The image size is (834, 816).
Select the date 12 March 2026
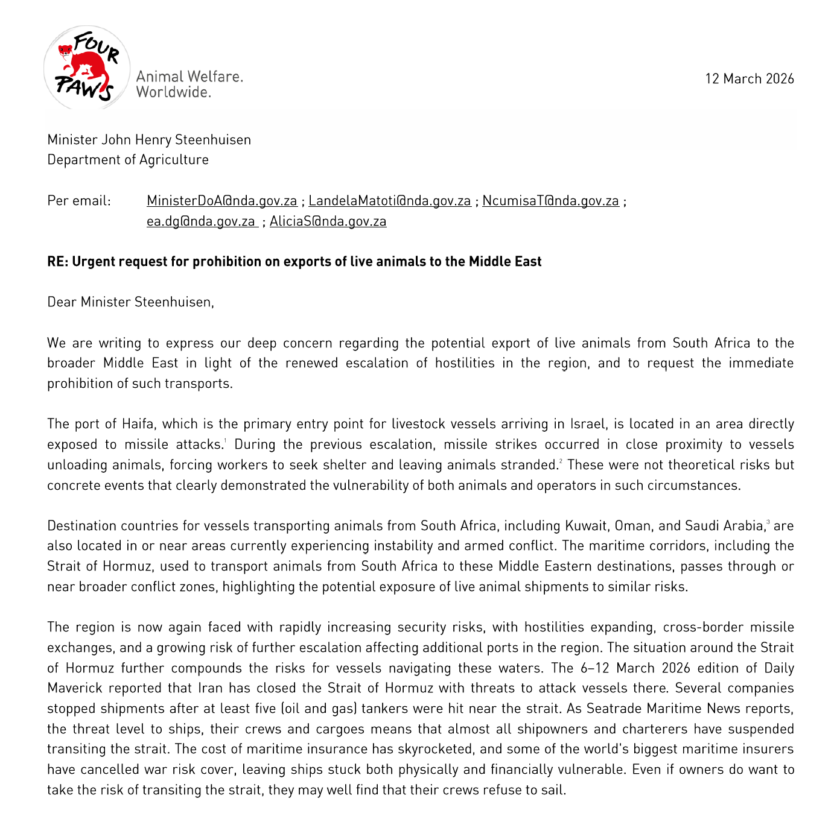tap(749, 79)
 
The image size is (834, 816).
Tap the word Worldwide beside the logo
tap(173, 92)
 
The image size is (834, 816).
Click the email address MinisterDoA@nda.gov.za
tap(221, 201)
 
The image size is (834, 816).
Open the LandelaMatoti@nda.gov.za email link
tap(389, 201)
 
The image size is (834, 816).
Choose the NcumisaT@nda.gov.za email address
tap(550, 201)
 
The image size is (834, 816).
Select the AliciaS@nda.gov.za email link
tap(328, 221)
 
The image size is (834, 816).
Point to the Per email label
tap(79, 201)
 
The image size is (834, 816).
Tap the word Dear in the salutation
tap(62, 302)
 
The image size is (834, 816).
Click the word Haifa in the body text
tap(138, 424)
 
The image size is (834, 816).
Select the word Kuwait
tap(586, 526)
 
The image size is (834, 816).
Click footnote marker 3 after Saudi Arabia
tap(768, 522)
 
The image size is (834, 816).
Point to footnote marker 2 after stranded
tap(561, 461)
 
